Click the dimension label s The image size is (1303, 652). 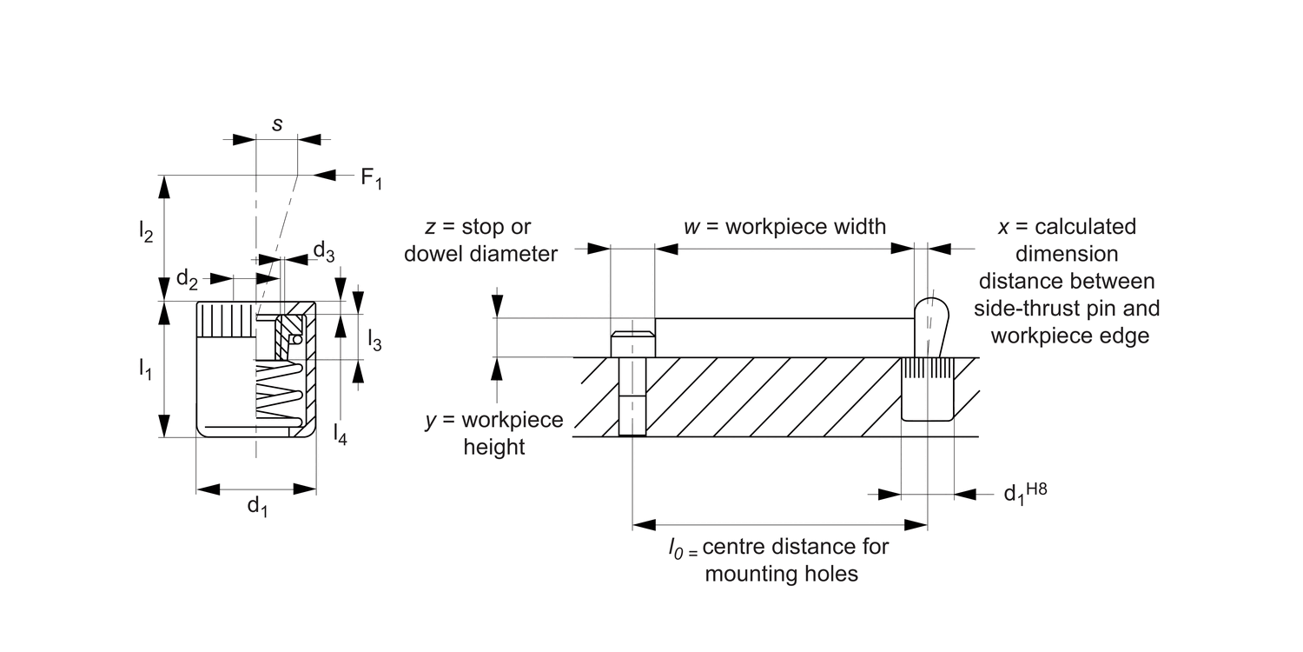pyautogui.click(x=277, y=124)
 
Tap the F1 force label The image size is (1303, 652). pyautogui.click(x=371, y=177)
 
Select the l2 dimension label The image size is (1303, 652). pyautogui.click(x=145, y=231)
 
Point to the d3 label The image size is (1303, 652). pyautogui.click(x=324, y=251)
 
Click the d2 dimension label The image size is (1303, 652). pyautogui.click(x=187, y=279)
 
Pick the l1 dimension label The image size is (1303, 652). pyautogui.click(x=145, y=369)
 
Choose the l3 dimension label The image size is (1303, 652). pyautogui.click(x=374, y=340)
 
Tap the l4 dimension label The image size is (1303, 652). pyautogui.click(x=340, y=434)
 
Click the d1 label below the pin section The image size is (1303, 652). pyautogui.click(x=257, y=507)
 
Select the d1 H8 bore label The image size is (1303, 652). pyautogui.click(x=1026, y=493)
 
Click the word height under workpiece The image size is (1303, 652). pyautogui.click(x=494, y=447)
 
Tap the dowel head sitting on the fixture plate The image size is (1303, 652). pyautogui.click(x=633, y=344)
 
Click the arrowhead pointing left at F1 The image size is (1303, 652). pyautogui.click(x=325, y=176)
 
